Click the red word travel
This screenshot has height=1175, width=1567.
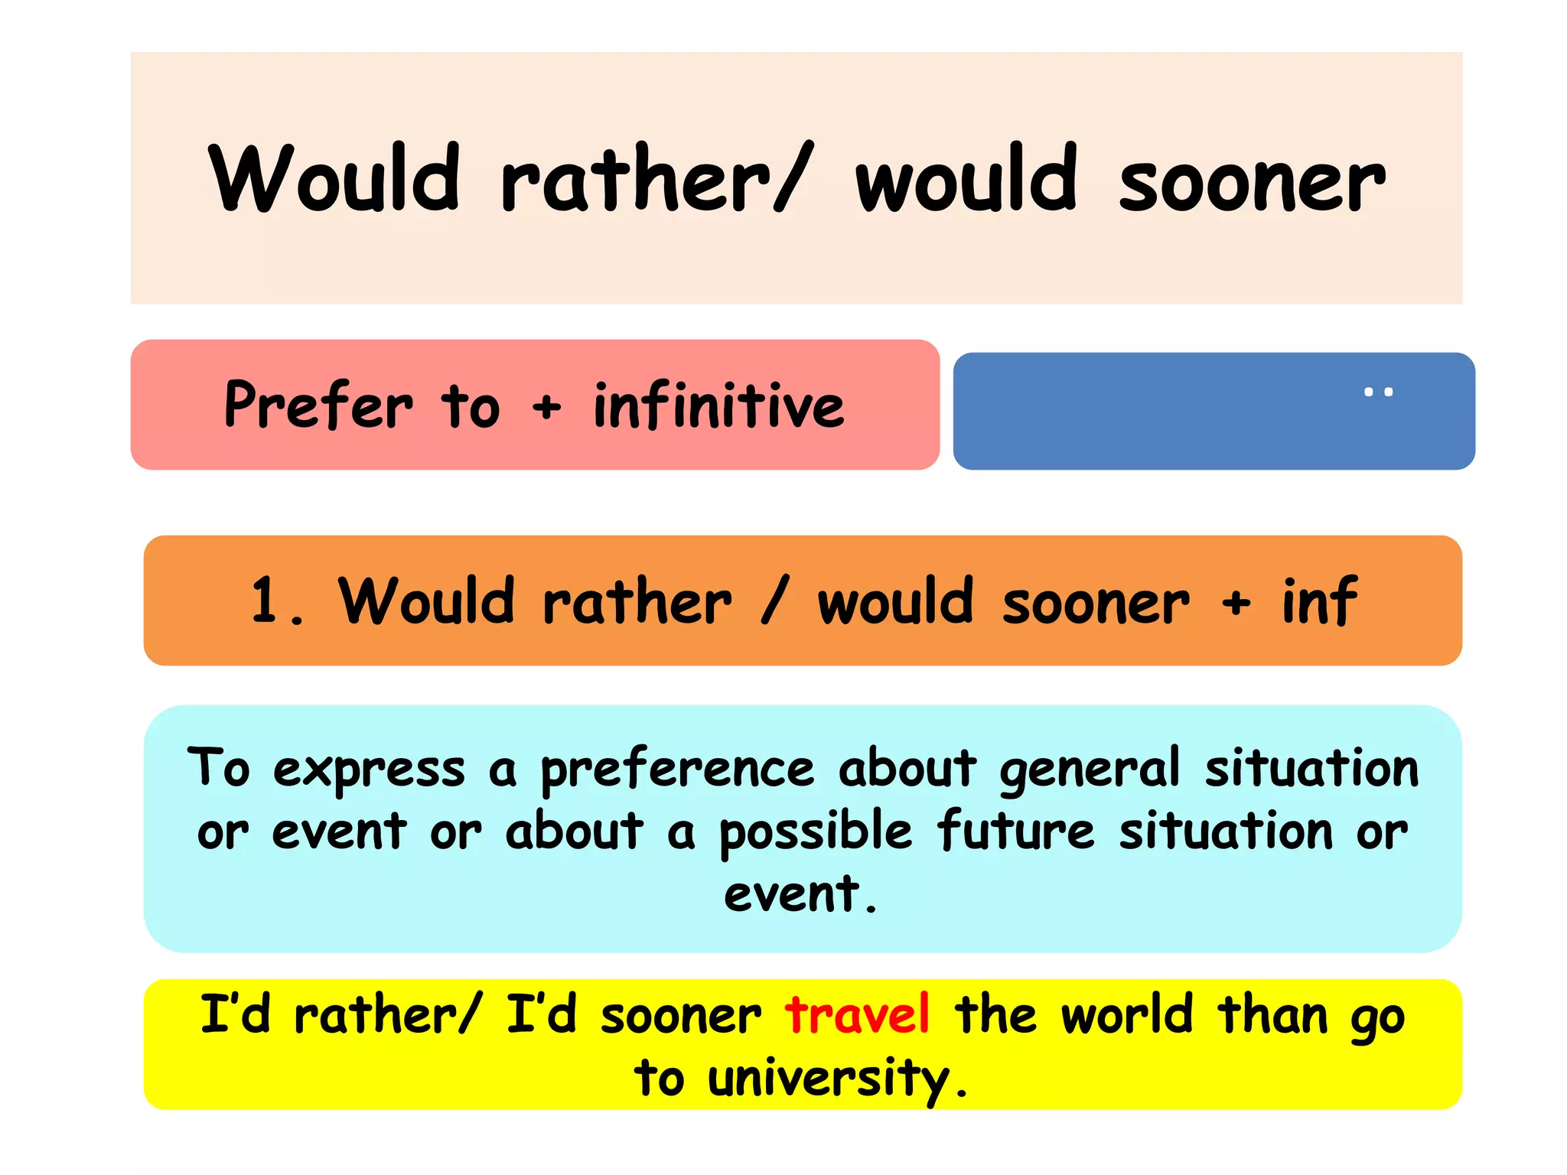857,1015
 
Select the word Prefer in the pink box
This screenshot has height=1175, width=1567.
318,405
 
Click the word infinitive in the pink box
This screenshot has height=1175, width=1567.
718,405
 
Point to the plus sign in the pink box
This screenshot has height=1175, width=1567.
546,408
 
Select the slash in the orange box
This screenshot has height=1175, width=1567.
774,602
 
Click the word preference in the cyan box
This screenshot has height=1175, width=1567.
677,770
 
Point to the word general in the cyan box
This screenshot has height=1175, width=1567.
1090,770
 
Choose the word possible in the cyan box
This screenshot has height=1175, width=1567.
816,832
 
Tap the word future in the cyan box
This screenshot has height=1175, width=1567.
1016,831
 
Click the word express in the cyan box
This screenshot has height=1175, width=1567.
369,770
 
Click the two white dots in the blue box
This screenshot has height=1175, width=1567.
1378,392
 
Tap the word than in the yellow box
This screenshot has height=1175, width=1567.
1273,1015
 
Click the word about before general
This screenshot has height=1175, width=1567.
907,768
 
